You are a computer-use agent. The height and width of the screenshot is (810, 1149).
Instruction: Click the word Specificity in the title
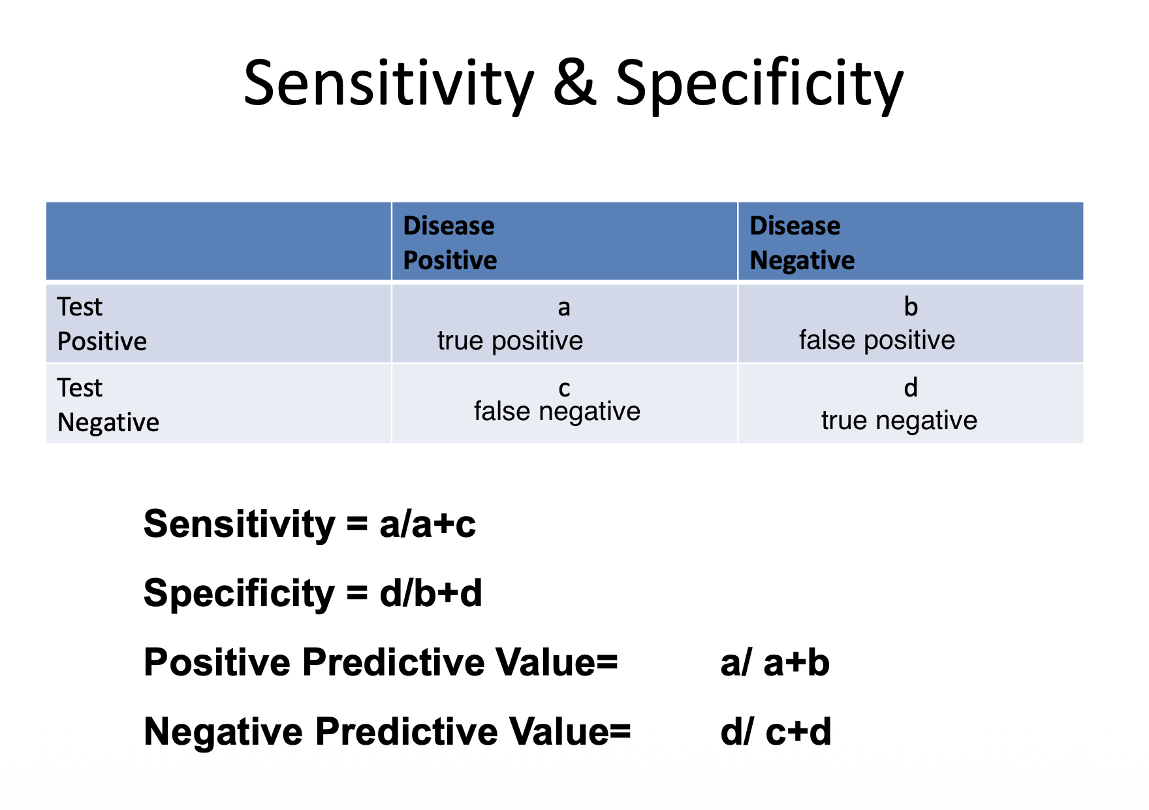coord(759,85)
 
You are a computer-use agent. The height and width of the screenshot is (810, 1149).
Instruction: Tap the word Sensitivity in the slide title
coord(389,85)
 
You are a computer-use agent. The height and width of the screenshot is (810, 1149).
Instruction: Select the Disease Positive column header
coord(450,243)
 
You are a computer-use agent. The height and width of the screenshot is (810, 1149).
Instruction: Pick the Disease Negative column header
coord(802,243)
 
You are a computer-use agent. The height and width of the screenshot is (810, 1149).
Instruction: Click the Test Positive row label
coord(102,324)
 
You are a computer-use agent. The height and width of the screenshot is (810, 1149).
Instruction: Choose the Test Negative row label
coord(108,405)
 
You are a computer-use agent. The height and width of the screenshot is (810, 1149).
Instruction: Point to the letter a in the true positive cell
coord(564,308)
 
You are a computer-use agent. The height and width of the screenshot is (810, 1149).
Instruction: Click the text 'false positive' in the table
coord(877,340)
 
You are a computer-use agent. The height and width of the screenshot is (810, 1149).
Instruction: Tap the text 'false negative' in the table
coord(557,412)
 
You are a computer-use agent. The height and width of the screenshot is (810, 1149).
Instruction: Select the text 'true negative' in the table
coord(899,421)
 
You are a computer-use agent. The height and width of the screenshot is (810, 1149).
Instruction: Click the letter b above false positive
coord(911,306)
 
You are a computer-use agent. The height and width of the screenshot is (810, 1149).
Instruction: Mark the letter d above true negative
coord(911,387)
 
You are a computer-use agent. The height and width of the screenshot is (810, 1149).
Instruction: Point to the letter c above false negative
coord(564,389)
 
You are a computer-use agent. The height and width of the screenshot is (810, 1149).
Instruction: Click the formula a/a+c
coord(428,524)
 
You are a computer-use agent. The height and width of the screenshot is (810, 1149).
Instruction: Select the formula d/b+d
coord(430,593)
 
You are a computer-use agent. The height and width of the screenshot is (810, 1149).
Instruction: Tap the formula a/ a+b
coord(775,662)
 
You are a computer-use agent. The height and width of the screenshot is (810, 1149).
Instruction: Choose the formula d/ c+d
coord(776,732)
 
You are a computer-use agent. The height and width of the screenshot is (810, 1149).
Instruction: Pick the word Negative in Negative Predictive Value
coord(223,732)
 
